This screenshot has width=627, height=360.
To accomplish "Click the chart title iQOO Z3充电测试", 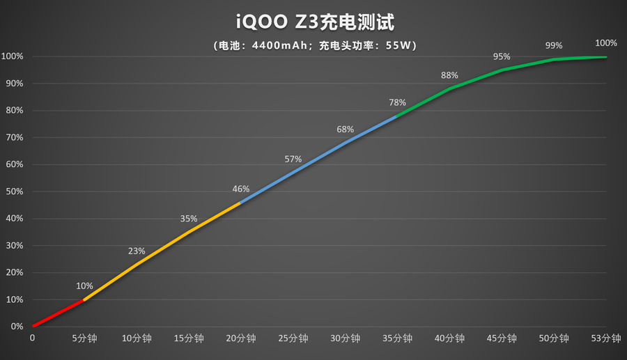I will pyautogui.click(x=314, y=22).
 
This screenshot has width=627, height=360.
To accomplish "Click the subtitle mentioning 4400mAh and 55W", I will pyautogui.click(x=314, y=46).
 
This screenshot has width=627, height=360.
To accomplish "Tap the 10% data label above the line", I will pyautogui.click(x=84, y=285).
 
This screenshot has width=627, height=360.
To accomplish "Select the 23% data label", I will pyautogui.click(x=137, y=251).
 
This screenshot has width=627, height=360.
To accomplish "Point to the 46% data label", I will pyautogui.click(x=241, y=189).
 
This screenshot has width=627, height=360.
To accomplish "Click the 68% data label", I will pyautogui.click(x=345, y=129).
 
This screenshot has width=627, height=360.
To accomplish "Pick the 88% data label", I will pyautogui.click(x=449, y=75).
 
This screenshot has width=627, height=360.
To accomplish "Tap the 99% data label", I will pyautogui.click(x=554, y=45).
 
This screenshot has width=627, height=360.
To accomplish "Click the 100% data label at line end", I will pyautogui.click(x=605, y=42).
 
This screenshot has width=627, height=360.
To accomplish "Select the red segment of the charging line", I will pyautogui.click(x=59, y=313).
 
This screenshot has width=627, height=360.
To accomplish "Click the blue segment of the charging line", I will pyautogui.click(x=319, y=157).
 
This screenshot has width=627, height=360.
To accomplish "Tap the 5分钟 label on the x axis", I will pyautogui.click(x=84, y=339).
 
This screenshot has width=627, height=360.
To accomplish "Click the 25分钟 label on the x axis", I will pyautogui.click(x=293, y=339).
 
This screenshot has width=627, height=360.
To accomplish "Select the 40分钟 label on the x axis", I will pyautogui.click(x=449, y=339).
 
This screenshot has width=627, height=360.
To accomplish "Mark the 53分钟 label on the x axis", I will pyautogui.click(x=605, y=339).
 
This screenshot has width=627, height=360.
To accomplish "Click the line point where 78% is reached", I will pyautogui.click(x=397, y=116).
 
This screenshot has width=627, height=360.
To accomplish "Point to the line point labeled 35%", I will pyautogui.click(x=189, y=232).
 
